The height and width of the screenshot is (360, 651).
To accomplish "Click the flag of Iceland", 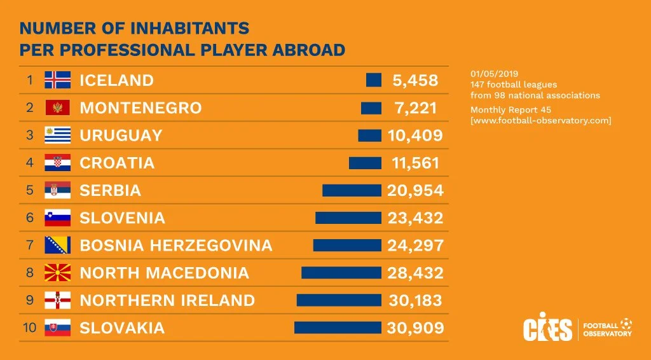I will pyautogui.click(x=57, y=80).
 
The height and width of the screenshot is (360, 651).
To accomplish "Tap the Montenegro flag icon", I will pyautogui.click(x=57, y=107).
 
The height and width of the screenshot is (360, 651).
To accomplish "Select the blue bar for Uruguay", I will pyautogui.click(x=369, y=135).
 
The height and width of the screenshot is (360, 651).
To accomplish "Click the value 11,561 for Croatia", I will pyautogui.click(x=416, y=163).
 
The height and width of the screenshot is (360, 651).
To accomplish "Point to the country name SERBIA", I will pyautogui.click(x=110, y=190).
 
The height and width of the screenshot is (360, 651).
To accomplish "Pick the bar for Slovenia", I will pyautogui.click(x=348, y=218).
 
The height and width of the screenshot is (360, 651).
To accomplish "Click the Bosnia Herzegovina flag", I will pyautogui.click(x=57, y=245).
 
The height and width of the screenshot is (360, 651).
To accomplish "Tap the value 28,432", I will pyautogui.click(x=416, y=273).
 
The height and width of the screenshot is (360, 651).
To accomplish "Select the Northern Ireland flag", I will pyautogui.click(x=57, y=300).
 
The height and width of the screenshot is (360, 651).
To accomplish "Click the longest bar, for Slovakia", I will pyautogui.click(x=338, y=328).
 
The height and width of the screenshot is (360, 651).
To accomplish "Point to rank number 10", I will pyautogui.click(x=29, y=328).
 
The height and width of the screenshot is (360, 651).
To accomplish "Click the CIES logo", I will pyautogui.click(x=547, y=329).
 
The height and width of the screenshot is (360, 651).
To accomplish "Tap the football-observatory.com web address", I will pyautogui.click(x=541, y=120).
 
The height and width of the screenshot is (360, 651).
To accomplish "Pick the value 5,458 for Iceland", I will pyautogui.click(x=416, y=80).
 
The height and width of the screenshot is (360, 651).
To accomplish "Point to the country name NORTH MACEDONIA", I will pyautogui.click(x=164, y=273).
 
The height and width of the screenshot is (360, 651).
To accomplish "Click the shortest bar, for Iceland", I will pyautogui.click(x=374, y=80).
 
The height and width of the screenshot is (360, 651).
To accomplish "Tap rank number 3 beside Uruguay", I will pyautogui.click(x=29, y=135).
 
